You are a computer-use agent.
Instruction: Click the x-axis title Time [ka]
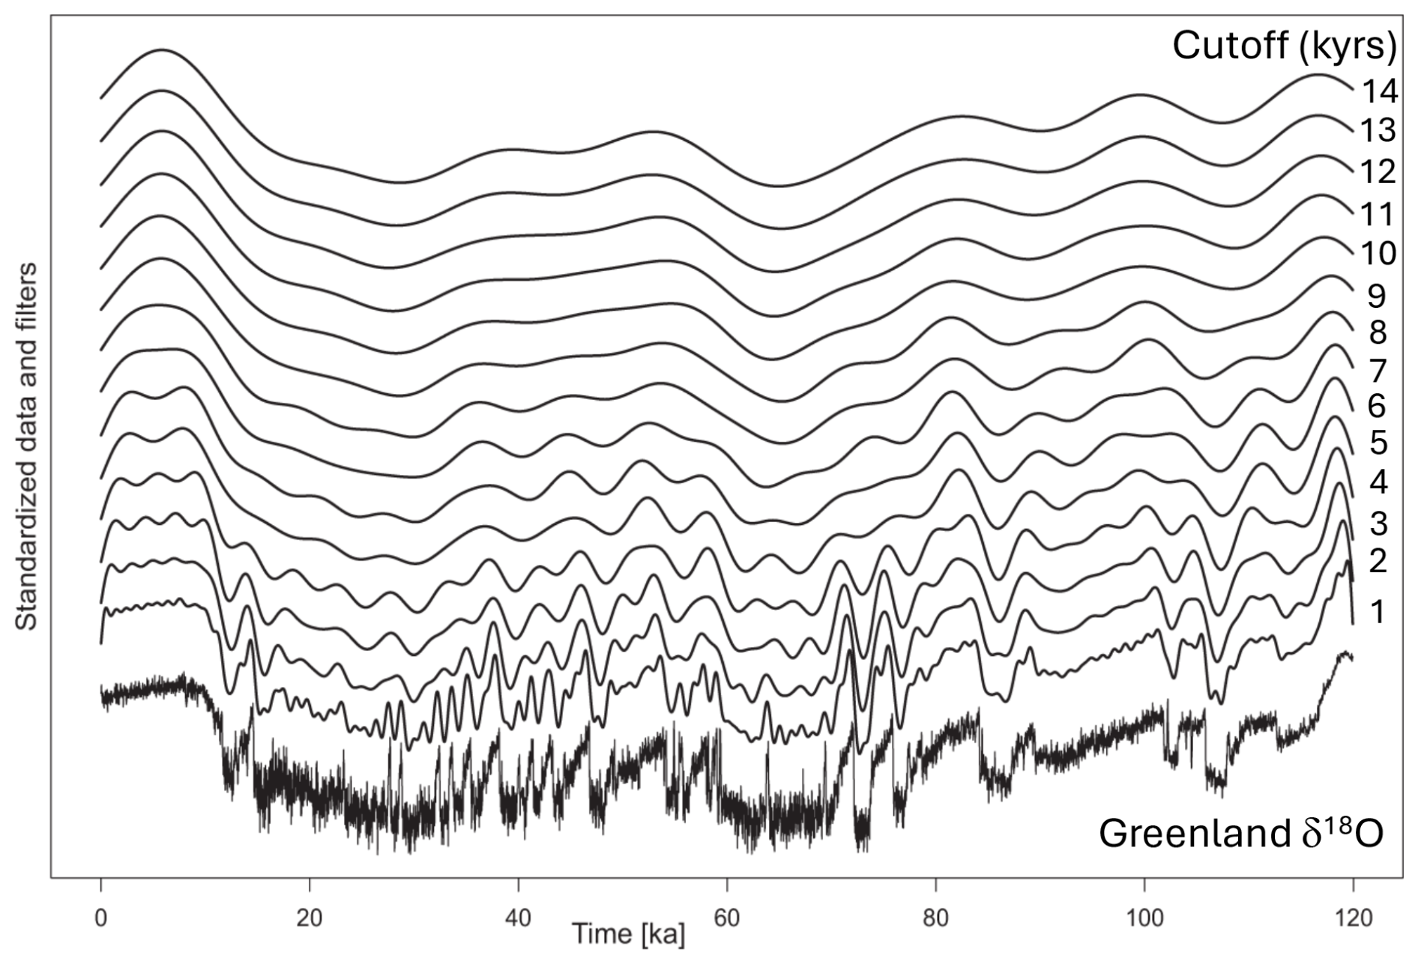coord(628,934)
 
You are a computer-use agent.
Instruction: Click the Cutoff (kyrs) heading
coord(1284,46)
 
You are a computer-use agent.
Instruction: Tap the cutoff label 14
coord(1379,91)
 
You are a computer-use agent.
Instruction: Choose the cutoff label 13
coord(1379,131)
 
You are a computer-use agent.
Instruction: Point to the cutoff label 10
coord(1379,254)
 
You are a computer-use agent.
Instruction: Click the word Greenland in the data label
coord(1192,834)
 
